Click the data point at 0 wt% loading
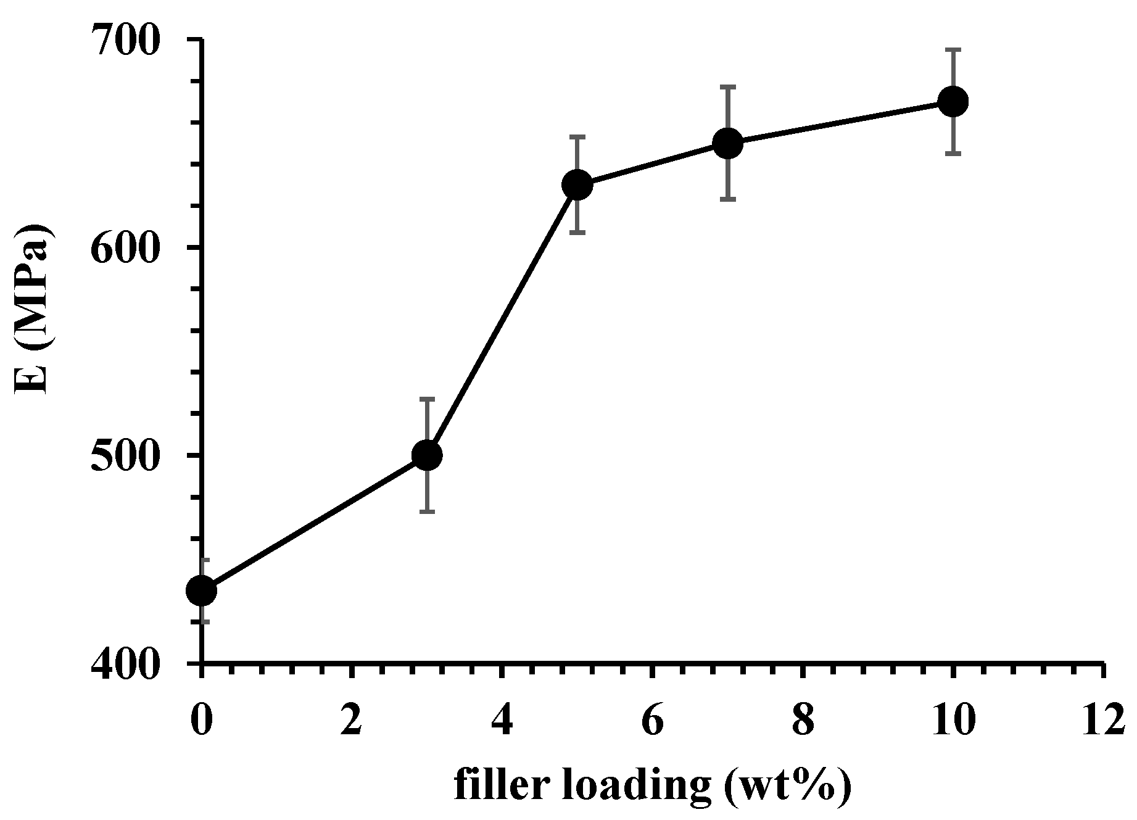click(x=201, y=590)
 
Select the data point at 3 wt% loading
click(x=427, y=455)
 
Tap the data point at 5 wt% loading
click(x=577, y=184)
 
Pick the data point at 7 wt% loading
click(x=728, y=143)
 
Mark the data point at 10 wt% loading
click(x=953, y=101)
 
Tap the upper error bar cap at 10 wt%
click(x=953, y=49)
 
